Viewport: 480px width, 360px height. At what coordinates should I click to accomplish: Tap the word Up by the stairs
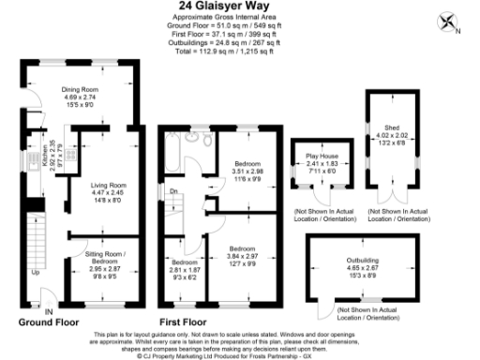36,273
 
